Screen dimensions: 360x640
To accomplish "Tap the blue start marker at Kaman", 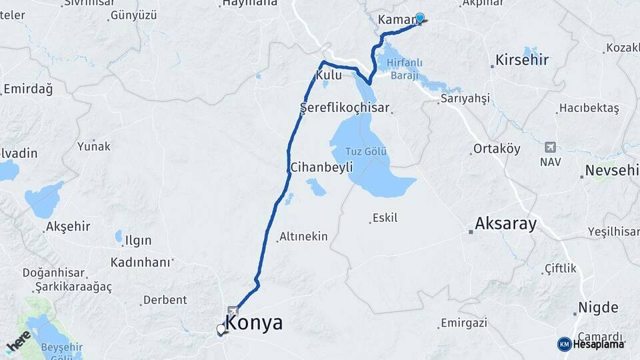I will [420, 18].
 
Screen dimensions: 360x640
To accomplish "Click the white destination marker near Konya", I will [221, 329].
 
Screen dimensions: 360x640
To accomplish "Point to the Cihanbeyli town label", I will [321, 167].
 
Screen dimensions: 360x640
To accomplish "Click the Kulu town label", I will [329, 75].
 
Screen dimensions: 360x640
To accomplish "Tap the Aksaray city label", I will [505, 224].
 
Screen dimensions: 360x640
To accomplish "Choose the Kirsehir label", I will [522, 60].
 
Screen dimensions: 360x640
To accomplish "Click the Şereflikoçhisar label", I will [344, 107].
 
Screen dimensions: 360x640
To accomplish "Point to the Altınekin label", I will [303, 236].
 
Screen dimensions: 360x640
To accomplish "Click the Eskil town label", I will [385, 217].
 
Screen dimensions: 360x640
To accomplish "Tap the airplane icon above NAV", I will [550, 147].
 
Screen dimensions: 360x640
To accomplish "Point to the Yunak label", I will [94, 146].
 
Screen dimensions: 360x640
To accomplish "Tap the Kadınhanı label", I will [141, 262].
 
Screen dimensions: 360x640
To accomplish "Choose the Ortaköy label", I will [497, 149].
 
